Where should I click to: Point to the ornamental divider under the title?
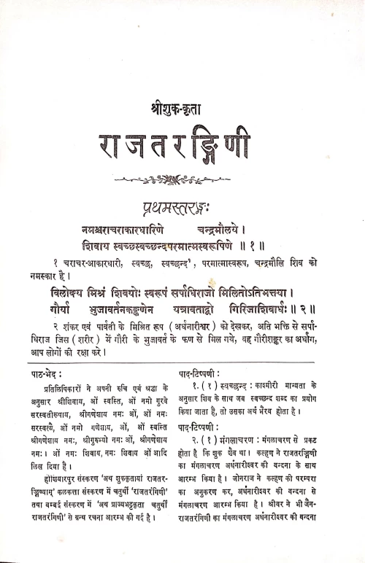point(181,177)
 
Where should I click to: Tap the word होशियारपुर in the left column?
point(64,505)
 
